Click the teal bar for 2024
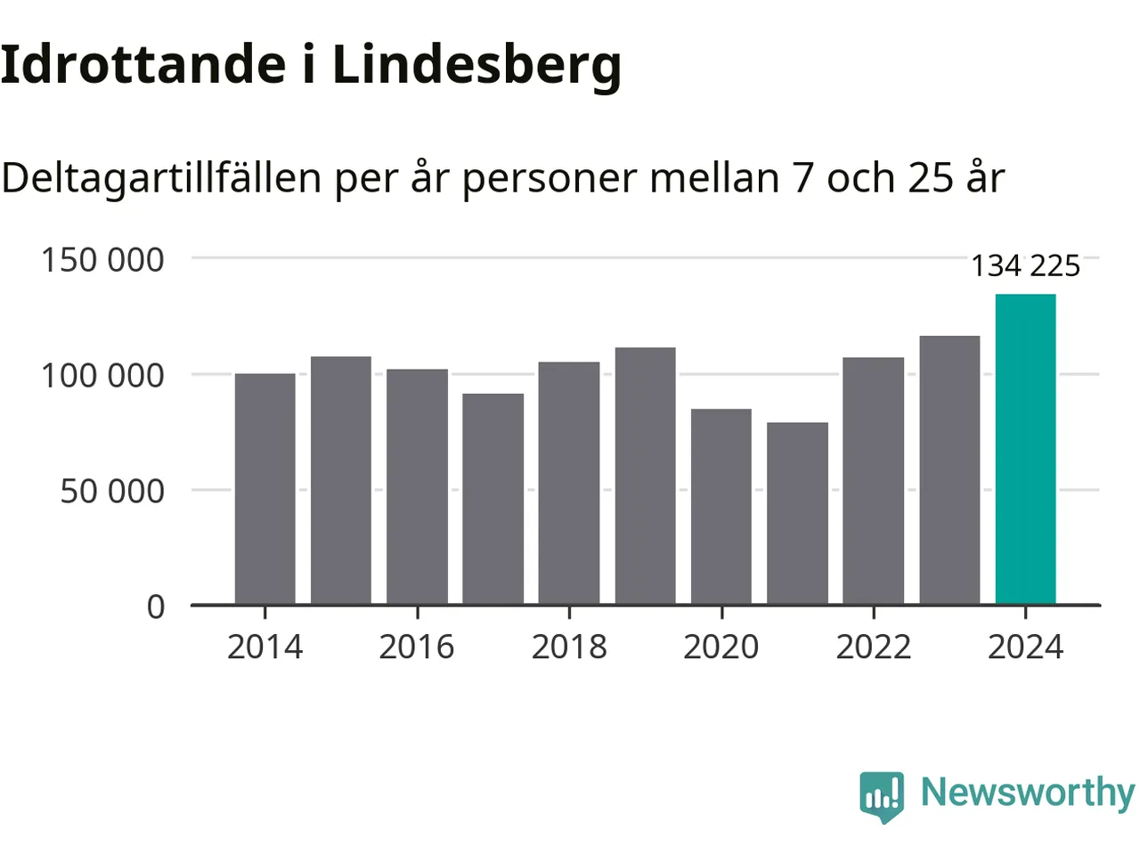pos(1025,450)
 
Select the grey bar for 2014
pos(265,489)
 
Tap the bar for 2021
pos(797,514)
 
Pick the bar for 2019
pos(645,476)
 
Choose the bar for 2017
pos(493,499)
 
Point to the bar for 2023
pos(949,470)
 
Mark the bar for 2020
pos(721,507)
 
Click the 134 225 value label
pos(1025,265)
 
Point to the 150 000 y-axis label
pos(102,260)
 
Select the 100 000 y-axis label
pos(102,375)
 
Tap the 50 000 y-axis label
pos(112,491)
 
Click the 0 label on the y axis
pos(156,607)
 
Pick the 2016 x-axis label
pos(417,647)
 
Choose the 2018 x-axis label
pos(569,647)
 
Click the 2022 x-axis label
pos(874,647)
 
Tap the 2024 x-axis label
pos(1025,647)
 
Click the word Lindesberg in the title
pos(476,66)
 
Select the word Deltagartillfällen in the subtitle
pos(161,178)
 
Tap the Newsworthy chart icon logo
pos(882,794)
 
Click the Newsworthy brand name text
pos(1027,793)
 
